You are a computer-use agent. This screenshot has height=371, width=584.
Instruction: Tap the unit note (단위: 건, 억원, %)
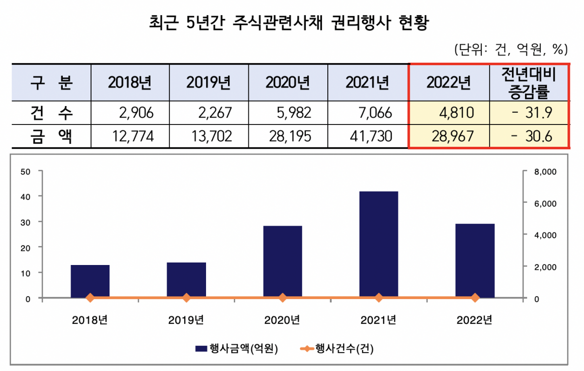510,49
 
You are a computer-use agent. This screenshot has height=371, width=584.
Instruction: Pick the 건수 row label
51,113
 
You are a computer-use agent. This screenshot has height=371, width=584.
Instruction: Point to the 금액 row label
51,137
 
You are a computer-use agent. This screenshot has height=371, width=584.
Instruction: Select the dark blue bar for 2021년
378,244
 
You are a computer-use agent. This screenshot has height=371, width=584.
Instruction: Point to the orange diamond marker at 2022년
475,298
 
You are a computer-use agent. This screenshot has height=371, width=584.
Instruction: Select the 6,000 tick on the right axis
545,203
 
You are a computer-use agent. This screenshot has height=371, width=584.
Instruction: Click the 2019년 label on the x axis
186,320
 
